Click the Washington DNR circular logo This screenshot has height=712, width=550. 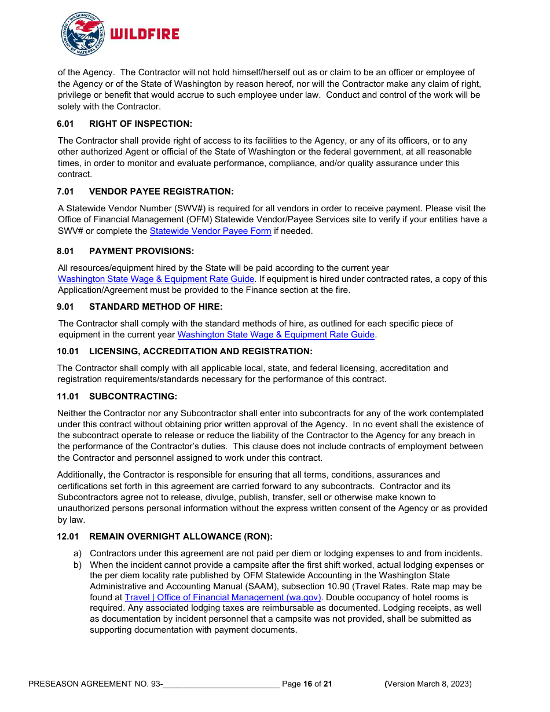(82, 34)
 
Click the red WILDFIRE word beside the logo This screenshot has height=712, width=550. (144, 34)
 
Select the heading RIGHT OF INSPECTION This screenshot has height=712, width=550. (140, 124)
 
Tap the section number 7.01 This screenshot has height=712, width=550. (65, 192)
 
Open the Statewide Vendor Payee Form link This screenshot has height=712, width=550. (210, 231)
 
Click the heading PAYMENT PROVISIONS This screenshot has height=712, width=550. (141, 251)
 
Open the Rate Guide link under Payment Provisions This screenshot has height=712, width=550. (156, 279)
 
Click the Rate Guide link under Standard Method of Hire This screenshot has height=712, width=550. (276, 335)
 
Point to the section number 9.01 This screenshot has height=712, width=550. (65, 307)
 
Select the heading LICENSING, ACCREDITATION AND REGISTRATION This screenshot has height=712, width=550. (200, 351)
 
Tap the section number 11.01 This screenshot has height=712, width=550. (68, 397)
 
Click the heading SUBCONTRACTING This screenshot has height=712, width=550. (133, 397)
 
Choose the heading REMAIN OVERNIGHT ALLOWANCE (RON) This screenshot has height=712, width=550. (181, 537)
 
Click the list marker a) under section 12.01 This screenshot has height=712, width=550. (78, 553)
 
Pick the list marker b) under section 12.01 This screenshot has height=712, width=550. (78, 564)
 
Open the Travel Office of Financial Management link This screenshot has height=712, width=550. (223, 597)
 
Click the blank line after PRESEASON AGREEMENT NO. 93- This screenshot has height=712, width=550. (221, 684)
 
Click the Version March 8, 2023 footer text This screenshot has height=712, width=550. (428, 684)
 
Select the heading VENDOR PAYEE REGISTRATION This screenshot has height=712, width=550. (162, 192)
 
